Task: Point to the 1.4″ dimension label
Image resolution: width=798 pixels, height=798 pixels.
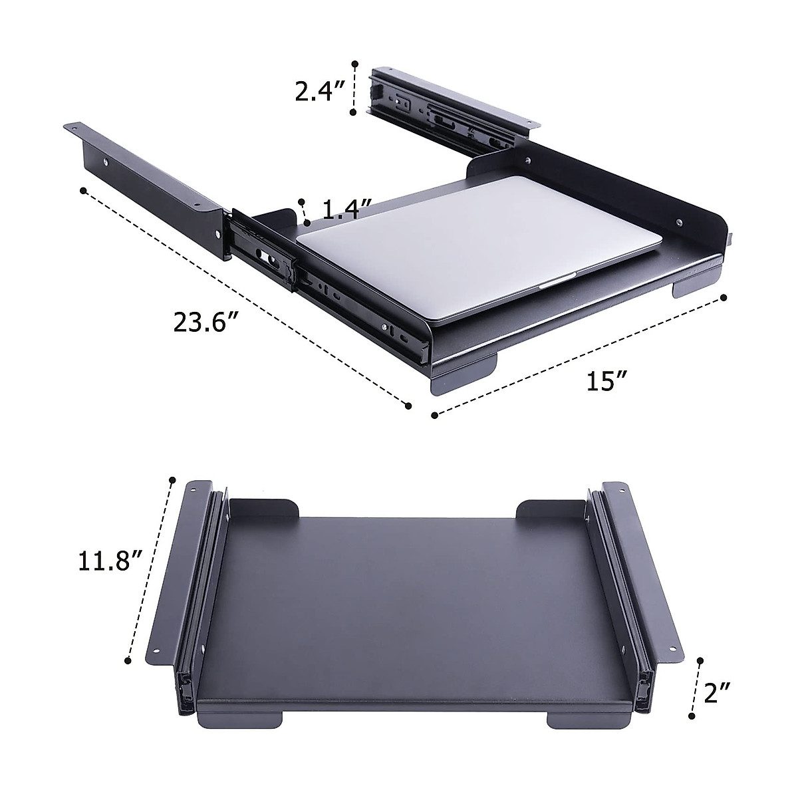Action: (x=346, y=210)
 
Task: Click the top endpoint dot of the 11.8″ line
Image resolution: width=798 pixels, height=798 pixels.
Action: (x=172, y=479)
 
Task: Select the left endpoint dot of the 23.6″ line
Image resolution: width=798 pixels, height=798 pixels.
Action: (x=82, y=190)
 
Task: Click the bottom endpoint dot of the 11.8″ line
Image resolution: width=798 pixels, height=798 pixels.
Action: (x=127, y=660)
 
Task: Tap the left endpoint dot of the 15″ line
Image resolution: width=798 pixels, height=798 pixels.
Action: (x=434, y=415)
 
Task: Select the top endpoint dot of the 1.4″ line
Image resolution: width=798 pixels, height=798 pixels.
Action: (x=302, y=201)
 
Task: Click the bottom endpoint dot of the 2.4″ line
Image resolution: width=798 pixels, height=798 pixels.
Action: (x=352, y=114)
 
